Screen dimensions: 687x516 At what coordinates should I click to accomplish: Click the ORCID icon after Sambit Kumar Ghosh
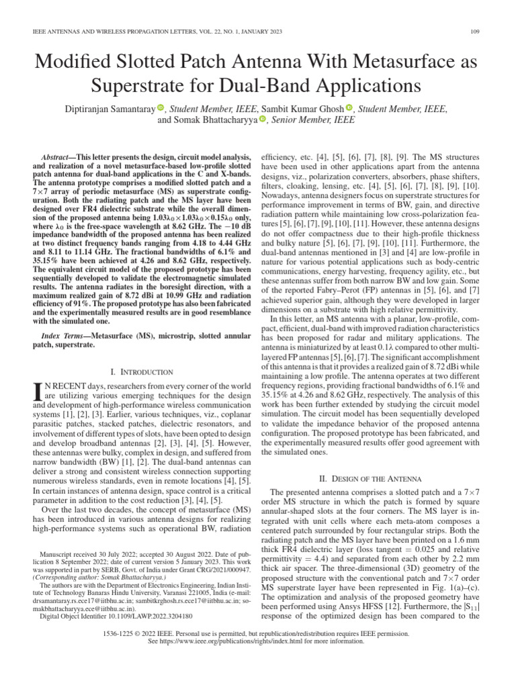point(349,108)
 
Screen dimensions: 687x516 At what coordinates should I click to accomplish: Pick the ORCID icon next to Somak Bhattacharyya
point(263,120)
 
